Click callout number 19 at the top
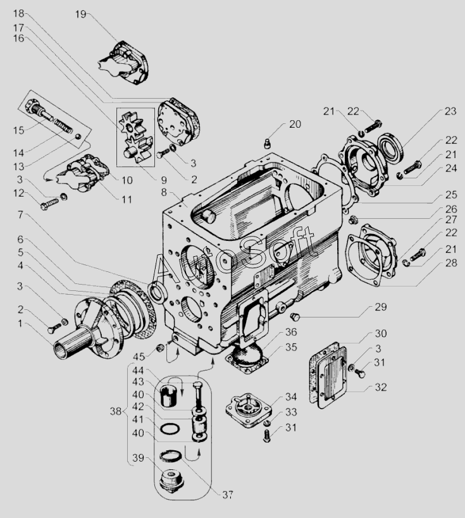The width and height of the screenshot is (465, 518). tap(80, 14)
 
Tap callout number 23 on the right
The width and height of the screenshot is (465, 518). tap(450, 111)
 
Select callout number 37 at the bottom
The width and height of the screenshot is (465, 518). tap(227, 495)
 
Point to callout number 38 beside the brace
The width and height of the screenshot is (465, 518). tap(116, 412)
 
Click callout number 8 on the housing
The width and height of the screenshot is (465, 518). tap(164, 192)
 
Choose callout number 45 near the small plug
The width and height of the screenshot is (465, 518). tap(139, 357)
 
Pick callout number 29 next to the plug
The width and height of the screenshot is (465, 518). tap(380, 307)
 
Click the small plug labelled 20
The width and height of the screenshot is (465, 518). tap(268, 144)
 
